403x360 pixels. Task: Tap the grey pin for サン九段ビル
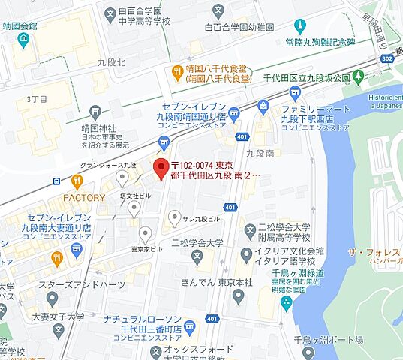pyautogui.click(x=174, y=219)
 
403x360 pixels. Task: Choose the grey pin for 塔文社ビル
pyautogui.click(x=134, y=208)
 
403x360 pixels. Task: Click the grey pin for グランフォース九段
pyautogui.click(x=122, y=177)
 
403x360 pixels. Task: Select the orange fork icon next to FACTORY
pyautogui.click(x=77, y=181)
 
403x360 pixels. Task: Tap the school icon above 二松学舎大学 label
pyautogui.click(x=197, y=259)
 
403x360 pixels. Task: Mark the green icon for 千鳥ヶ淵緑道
pyautogui.click(x=286, y=301)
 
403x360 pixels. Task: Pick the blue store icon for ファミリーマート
pyautogui.click(x=264, y=107)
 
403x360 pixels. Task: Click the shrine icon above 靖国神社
pyautogui.click(x=95, y=111)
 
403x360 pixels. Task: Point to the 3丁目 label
pyautogui.click(x=38, y=98)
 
